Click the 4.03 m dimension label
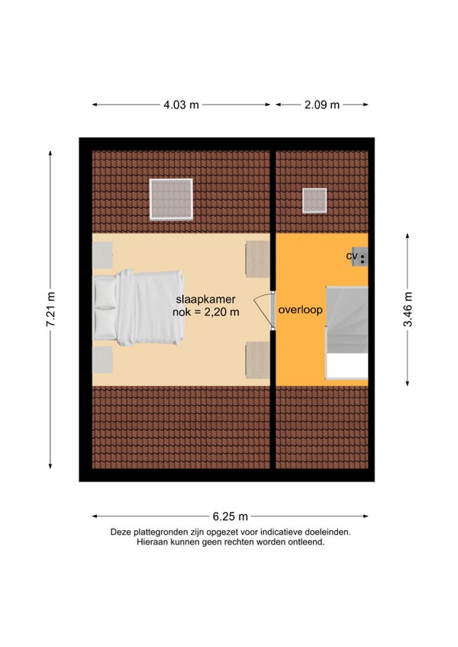181,105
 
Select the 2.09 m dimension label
321,105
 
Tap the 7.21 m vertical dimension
50,309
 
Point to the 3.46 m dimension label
408,309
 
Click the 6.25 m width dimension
230,517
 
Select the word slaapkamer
205,299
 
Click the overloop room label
300,310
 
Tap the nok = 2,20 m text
205,312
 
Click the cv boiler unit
360,256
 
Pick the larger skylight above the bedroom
171,199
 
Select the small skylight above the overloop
314,201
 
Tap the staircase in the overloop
347,333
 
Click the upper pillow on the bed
105,292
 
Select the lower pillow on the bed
105,324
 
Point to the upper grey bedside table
102,256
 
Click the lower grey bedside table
102,360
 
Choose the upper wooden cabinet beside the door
258,259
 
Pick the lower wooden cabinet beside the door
258,360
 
